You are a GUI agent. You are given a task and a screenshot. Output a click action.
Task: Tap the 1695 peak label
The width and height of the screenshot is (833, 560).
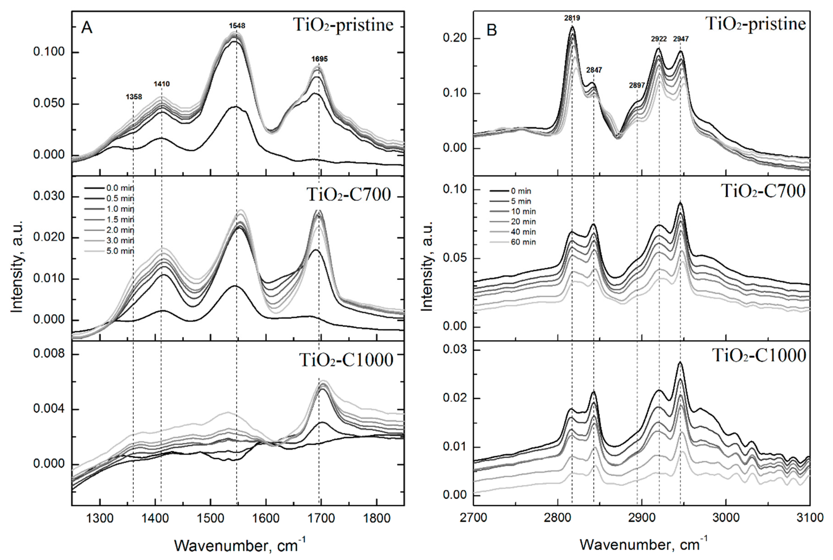coord(319,59)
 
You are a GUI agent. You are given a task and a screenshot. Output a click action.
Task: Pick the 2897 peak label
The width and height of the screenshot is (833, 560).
coord(637,85)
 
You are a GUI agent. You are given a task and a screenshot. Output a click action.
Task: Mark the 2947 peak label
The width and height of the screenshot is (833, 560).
coord(681,39)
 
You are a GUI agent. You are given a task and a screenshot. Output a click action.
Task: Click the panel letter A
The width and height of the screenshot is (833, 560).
coord(87,28)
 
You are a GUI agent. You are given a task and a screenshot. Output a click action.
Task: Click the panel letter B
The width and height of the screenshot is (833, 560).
coord(492,30)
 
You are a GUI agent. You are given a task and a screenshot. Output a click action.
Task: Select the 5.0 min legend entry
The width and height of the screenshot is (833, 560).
coord(120,251)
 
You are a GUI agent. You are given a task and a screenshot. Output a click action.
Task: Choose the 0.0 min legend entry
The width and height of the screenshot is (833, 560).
coord(120,188)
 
